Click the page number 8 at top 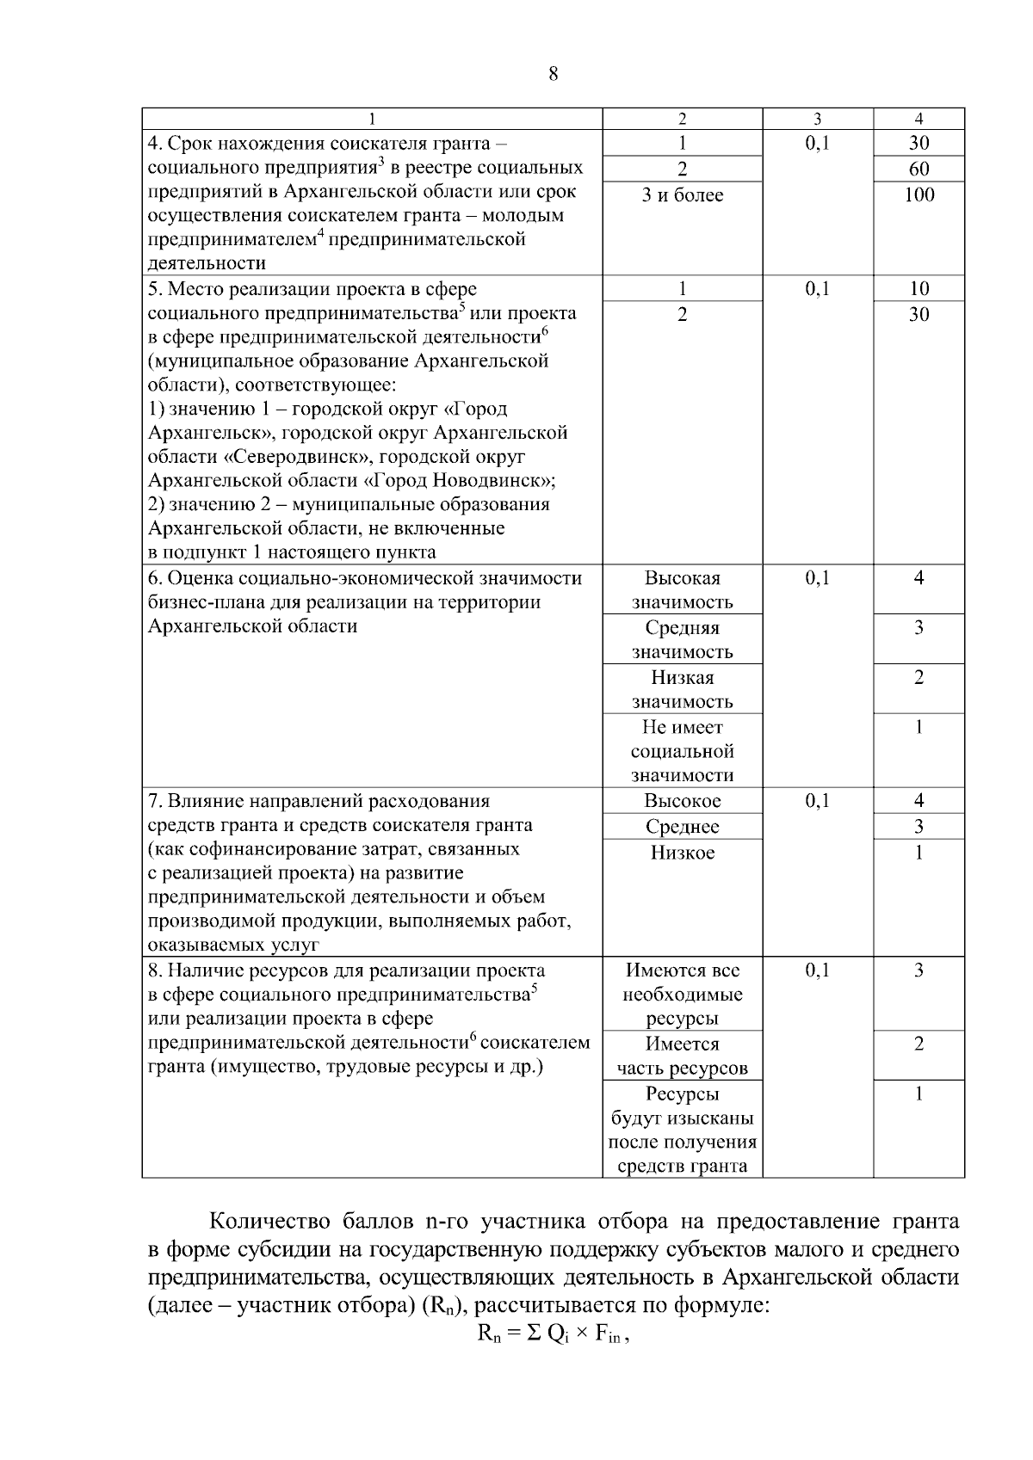pos(553,74)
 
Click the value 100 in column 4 pos(919,194)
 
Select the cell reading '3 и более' pos(682,195)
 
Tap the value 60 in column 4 pos(919,169)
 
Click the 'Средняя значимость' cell pos(682,639)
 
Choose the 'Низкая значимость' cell pos(682,689)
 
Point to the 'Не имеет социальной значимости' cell pos(682,751)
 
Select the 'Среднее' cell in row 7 pos(682,827)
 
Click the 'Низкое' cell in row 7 pos(682,853)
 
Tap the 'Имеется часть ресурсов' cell pos(682,1056)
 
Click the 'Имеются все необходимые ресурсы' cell pos(682,995)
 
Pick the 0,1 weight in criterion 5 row pos(817,289)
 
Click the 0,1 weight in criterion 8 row pos(817,970)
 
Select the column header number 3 pos(817,119)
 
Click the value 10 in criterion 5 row pos(919,289)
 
